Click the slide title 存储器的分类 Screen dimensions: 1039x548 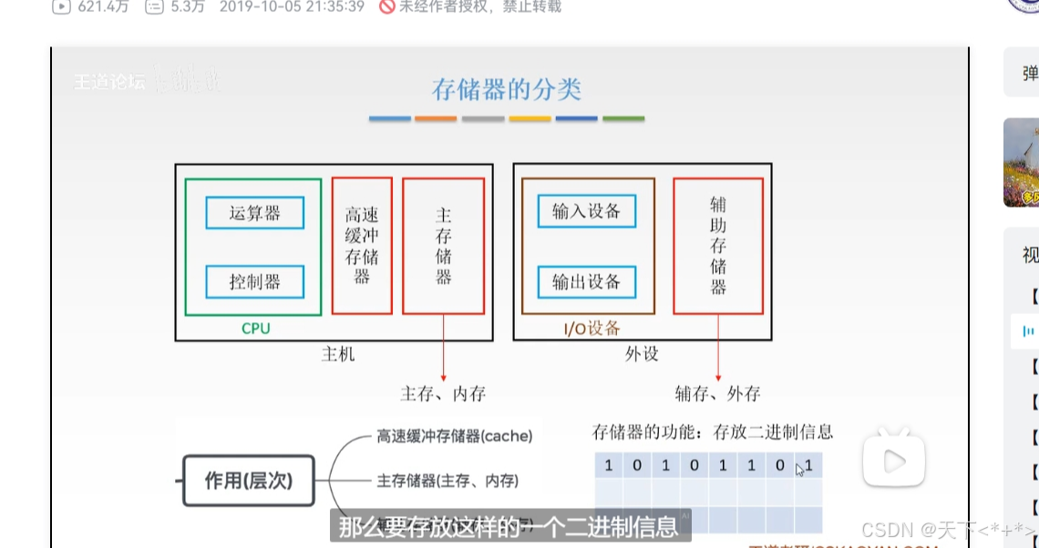point(507,89)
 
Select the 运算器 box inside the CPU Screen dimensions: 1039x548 point(254,213)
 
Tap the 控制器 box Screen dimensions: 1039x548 point(254,281)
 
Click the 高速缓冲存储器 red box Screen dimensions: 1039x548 point(362,246)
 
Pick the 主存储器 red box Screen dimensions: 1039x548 point(443,246)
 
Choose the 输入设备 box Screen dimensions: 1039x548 point(586,211)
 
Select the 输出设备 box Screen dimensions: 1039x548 point(586,281)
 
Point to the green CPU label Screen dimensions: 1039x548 point(255,329)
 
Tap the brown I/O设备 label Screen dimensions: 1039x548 point(587,329)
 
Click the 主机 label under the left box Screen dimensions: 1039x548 point(338,354)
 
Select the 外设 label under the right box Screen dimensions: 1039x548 point(642,354)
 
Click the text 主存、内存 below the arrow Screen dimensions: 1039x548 point(443,394)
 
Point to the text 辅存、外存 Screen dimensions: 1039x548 point(718,394)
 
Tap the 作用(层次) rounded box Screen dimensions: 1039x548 point(248,480)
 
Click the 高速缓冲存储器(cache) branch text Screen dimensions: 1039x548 point(454,436)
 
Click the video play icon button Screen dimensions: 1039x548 point(894,461)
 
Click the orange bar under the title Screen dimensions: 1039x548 point(436,118)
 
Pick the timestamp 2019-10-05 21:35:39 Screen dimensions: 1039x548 point(292,6)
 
